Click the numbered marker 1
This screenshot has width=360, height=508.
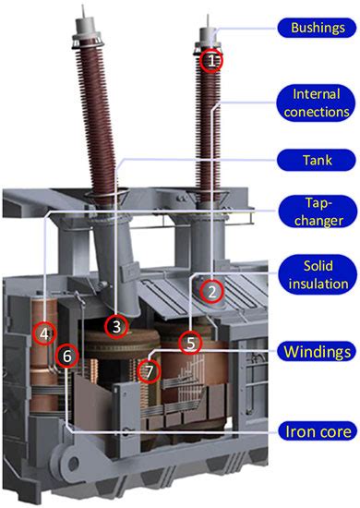pos(211,61)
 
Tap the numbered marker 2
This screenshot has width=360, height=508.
pos(213,291)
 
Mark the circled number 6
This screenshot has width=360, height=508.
pos(66,355)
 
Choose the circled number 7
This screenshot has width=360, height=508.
pos(150,370)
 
